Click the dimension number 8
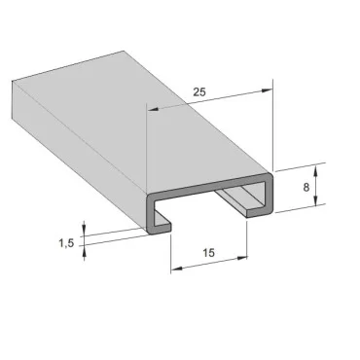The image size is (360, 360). point(307,185)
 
